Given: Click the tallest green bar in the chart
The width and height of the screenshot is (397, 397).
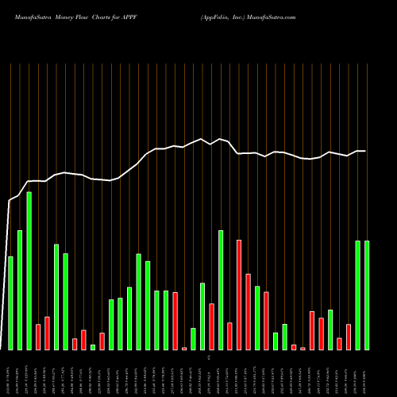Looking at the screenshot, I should [x=29, y=270].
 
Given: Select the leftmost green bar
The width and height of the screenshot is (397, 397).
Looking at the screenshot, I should [x=10, y=303].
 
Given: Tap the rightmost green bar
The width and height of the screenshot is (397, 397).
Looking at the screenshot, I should [x=367, y=295].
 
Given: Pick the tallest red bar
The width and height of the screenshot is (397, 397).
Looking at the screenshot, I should [x=239, y=295].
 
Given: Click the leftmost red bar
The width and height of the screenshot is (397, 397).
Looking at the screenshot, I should [x=38, y=337].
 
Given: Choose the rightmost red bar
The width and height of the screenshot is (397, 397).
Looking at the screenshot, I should [x=349, y=337].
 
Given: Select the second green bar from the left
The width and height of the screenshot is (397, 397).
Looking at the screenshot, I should [x=20, y=290].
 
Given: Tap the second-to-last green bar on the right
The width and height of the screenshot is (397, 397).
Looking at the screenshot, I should [x=358, y=295].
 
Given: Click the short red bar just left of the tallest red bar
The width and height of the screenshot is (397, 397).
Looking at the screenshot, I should [x=229, y=336].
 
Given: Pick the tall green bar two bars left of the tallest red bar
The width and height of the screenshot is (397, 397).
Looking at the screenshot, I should [x=221, y=290].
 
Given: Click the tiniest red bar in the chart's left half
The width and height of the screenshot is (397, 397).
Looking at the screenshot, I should [x=184, y=348].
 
